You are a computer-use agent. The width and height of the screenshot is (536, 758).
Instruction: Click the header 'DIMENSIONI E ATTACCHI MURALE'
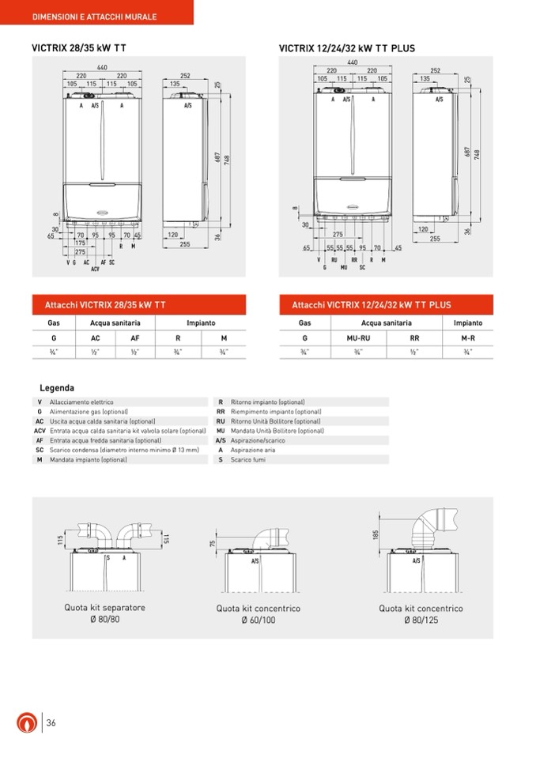click(94, 17)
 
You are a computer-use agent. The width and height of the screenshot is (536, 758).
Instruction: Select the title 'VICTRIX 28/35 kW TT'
click(78, 48)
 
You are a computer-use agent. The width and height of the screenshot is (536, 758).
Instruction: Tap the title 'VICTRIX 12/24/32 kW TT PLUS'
click(346, 48)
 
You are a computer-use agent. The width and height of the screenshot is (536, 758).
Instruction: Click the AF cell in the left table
click(134, 338)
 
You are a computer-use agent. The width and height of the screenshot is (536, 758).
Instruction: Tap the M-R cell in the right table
click(468, 338)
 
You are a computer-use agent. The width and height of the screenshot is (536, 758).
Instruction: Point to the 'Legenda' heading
click(57, 388)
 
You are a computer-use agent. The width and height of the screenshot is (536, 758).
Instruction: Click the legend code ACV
click(40, 431)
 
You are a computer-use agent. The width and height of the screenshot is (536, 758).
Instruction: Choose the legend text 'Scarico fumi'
click(248, 459)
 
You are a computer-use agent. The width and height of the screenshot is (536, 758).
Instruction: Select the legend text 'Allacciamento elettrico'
click(81, 402)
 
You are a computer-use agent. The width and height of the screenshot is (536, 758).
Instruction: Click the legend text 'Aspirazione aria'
click(253, 450)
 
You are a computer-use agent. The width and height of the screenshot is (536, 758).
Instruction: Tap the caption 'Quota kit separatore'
click(105, 608)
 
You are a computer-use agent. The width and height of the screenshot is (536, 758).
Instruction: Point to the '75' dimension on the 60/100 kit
click(213, 544)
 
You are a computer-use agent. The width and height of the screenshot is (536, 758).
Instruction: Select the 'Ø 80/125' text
click(421, 620)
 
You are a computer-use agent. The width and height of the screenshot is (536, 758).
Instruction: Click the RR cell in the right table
click(414, 338)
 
